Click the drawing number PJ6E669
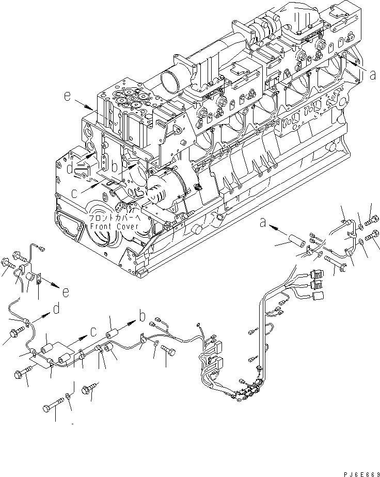357,469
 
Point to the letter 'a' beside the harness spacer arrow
263,223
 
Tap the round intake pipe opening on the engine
171,81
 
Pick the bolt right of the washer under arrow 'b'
168,351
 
